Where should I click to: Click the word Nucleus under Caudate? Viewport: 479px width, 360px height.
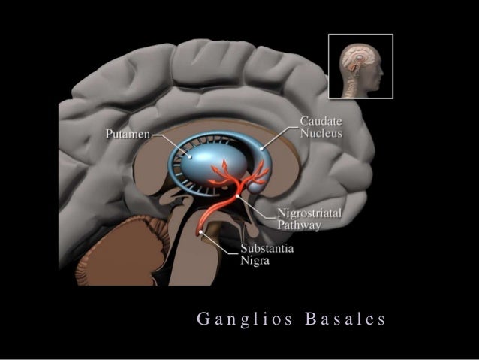click(321, 134)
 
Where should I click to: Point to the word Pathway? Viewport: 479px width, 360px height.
click(300, 225)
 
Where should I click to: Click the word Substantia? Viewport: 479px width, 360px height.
click(267, 249)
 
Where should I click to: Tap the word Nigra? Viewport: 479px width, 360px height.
click(255, 261)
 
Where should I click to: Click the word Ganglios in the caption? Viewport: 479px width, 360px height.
click(238, 319)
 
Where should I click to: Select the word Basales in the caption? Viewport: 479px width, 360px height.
click(346, 319)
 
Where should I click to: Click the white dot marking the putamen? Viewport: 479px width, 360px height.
click(191, 157)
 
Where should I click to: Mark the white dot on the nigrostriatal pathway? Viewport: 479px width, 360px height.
click(238, 195)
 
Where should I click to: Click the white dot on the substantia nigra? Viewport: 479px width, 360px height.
click(201, 234)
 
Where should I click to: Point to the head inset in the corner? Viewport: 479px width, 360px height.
click(360, 66)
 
